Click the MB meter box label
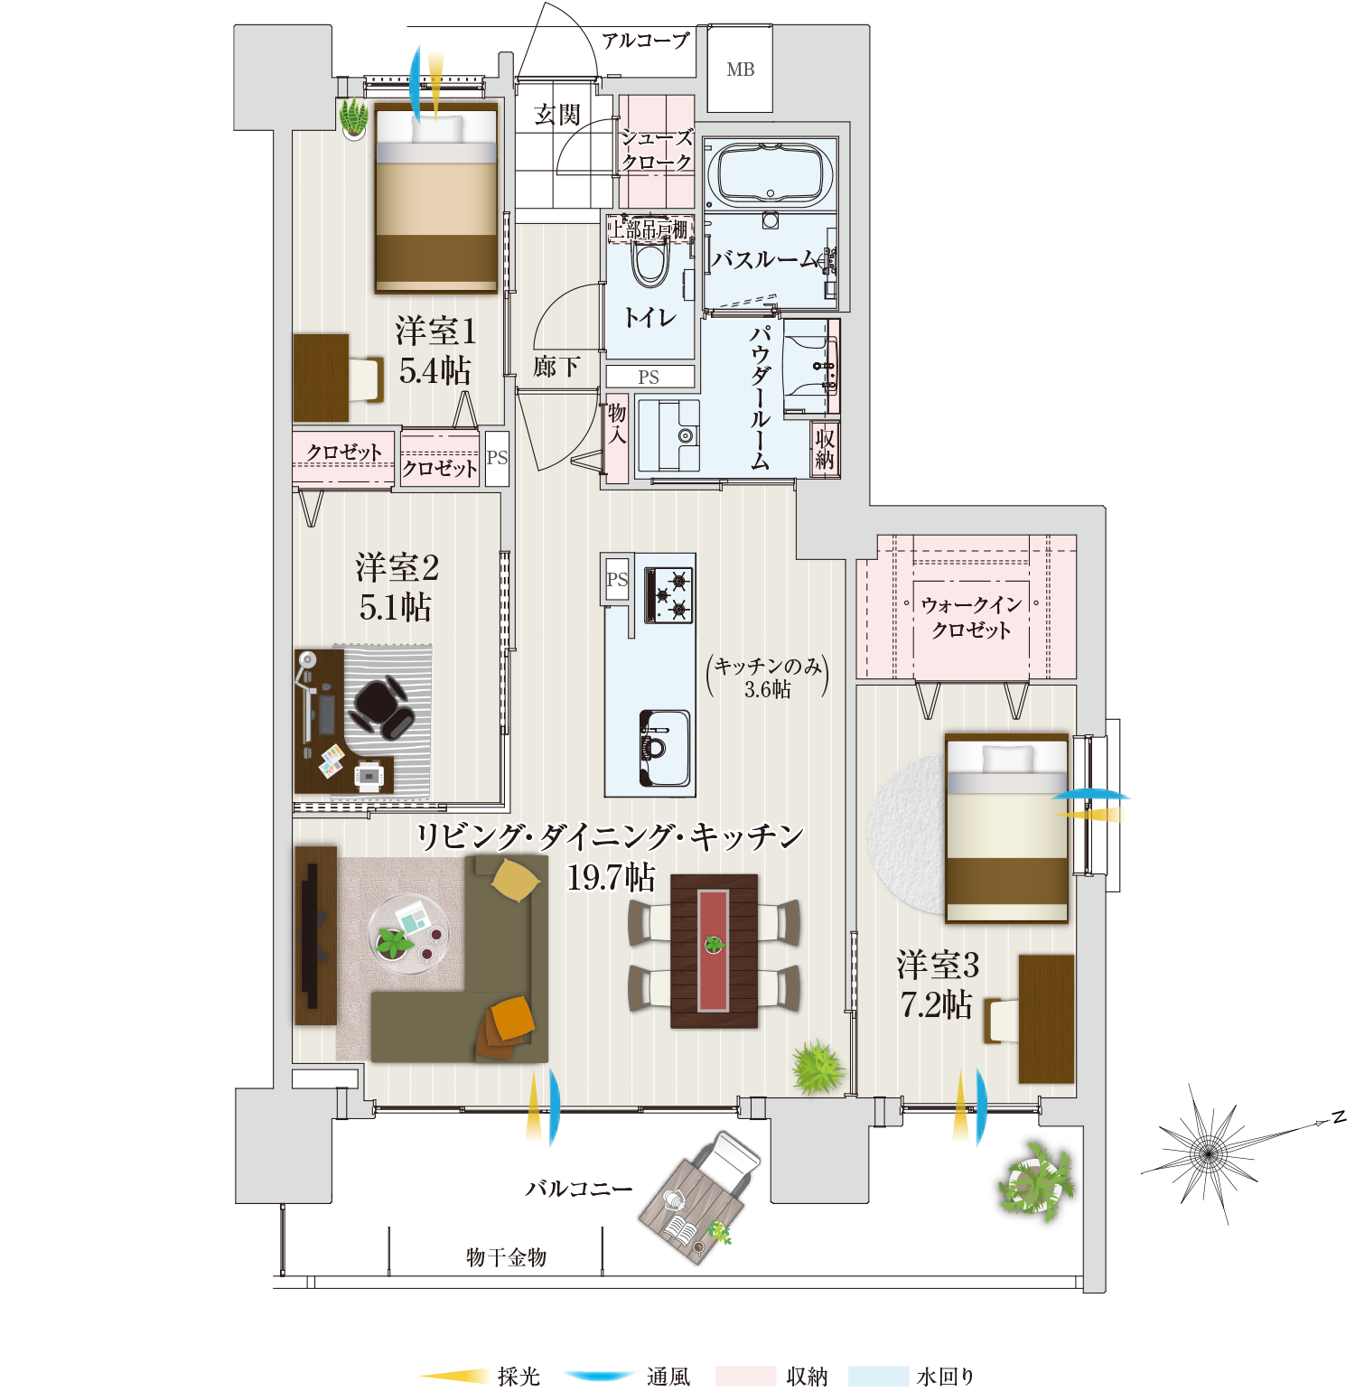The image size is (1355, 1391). [740, 70]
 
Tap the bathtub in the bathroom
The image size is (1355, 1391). [771, 174]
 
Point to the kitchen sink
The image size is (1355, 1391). [665, 748]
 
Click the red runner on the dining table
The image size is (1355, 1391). [714, 950]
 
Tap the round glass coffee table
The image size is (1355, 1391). [408, 935]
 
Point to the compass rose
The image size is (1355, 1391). [1208, 1153]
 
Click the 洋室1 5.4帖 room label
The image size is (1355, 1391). [435, 350]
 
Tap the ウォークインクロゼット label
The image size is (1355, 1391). [971, 617]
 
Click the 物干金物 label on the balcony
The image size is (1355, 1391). [506, 1257]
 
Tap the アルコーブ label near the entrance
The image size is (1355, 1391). [646, 41]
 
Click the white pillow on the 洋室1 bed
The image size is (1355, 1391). [437, 128]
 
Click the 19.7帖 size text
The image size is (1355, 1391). [611, 877]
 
